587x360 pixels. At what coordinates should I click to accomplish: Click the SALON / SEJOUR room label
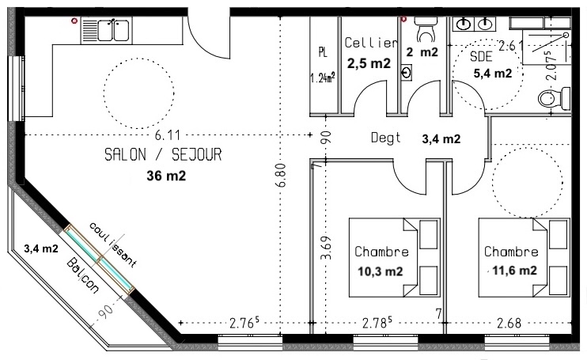[x=163, y=154]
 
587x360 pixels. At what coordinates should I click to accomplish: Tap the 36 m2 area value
[x=166, y=176]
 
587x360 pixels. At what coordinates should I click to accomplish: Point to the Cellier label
[x=370, y=43]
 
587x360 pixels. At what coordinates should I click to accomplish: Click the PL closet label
[x=323, y=52]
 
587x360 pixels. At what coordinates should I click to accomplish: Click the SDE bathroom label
[x=481, y=56]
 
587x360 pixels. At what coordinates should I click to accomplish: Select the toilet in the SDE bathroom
[x=554, y=99]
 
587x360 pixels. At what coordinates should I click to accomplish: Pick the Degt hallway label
[x=385, y=138]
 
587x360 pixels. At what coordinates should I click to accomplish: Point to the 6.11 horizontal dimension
[x=168, y=135]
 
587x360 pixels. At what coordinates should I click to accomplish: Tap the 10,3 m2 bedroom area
[x=381, y=271]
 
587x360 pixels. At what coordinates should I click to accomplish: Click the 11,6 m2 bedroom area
[x=514, y=270]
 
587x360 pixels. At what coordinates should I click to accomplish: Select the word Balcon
[x=83, y=275]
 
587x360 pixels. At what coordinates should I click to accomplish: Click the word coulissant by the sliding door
[x=112, y=244]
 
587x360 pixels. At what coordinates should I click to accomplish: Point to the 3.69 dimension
[x=326, y=248]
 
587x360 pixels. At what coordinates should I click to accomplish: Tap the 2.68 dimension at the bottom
[x=509, y=323]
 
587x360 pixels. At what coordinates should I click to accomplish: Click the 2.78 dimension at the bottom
[x=377, y=322]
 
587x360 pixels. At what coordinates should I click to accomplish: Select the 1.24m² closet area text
[x=322, y=78]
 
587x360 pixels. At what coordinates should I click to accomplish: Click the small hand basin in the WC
[x=406, y=72]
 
